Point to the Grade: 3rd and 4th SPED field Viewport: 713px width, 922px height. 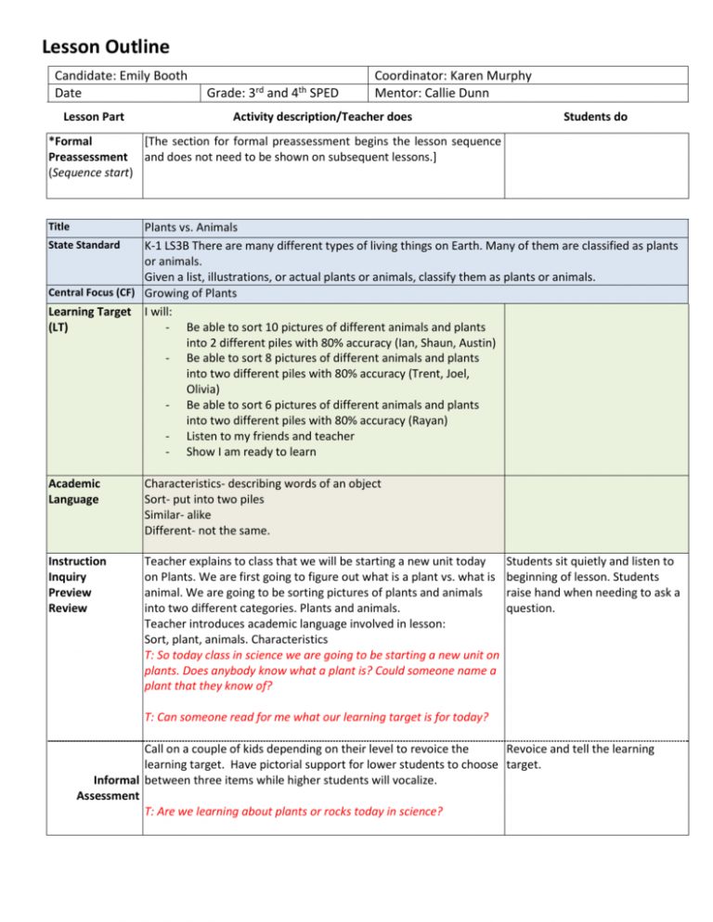pos(273,93)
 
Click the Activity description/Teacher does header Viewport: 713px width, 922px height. pos(322,117)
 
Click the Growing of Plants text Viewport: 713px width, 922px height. pos(190,294)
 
